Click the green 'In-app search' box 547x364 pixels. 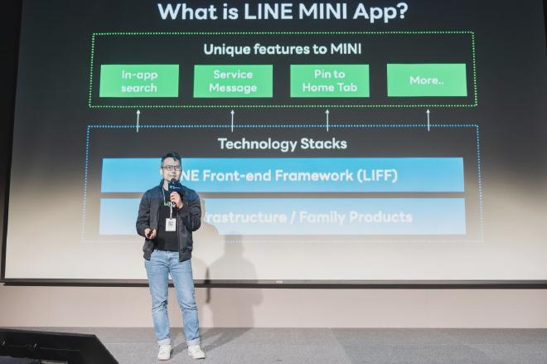tap(139, 81)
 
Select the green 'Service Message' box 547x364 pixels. tap(233, 81)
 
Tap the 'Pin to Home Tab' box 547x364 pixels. tap(329, 81)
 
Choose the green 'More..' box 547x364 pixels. tap(426, 80)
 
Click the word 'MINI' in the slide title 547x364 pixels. tap(311, 12)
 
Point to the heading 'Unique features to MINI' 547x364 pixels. tap(282, 49)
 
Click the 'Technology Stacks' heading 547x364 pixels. tap(282, 143)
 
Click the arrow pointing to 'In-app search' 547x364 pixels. tap(138, 120)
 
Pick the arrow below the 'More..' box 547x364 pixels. tap(428, 120)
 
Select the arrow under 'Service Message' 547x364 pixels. tap(232, 120)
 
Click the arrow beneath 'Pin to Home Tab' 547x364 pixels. tap(327, 120)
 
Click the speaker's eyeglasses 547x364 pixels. tap(172, 167)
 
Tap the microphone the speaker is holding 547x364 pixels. tap(174, 189)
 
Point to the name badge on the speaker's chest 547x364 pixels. tap(171, 223)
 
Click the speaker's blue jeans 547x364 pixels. tap(172, 290)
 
